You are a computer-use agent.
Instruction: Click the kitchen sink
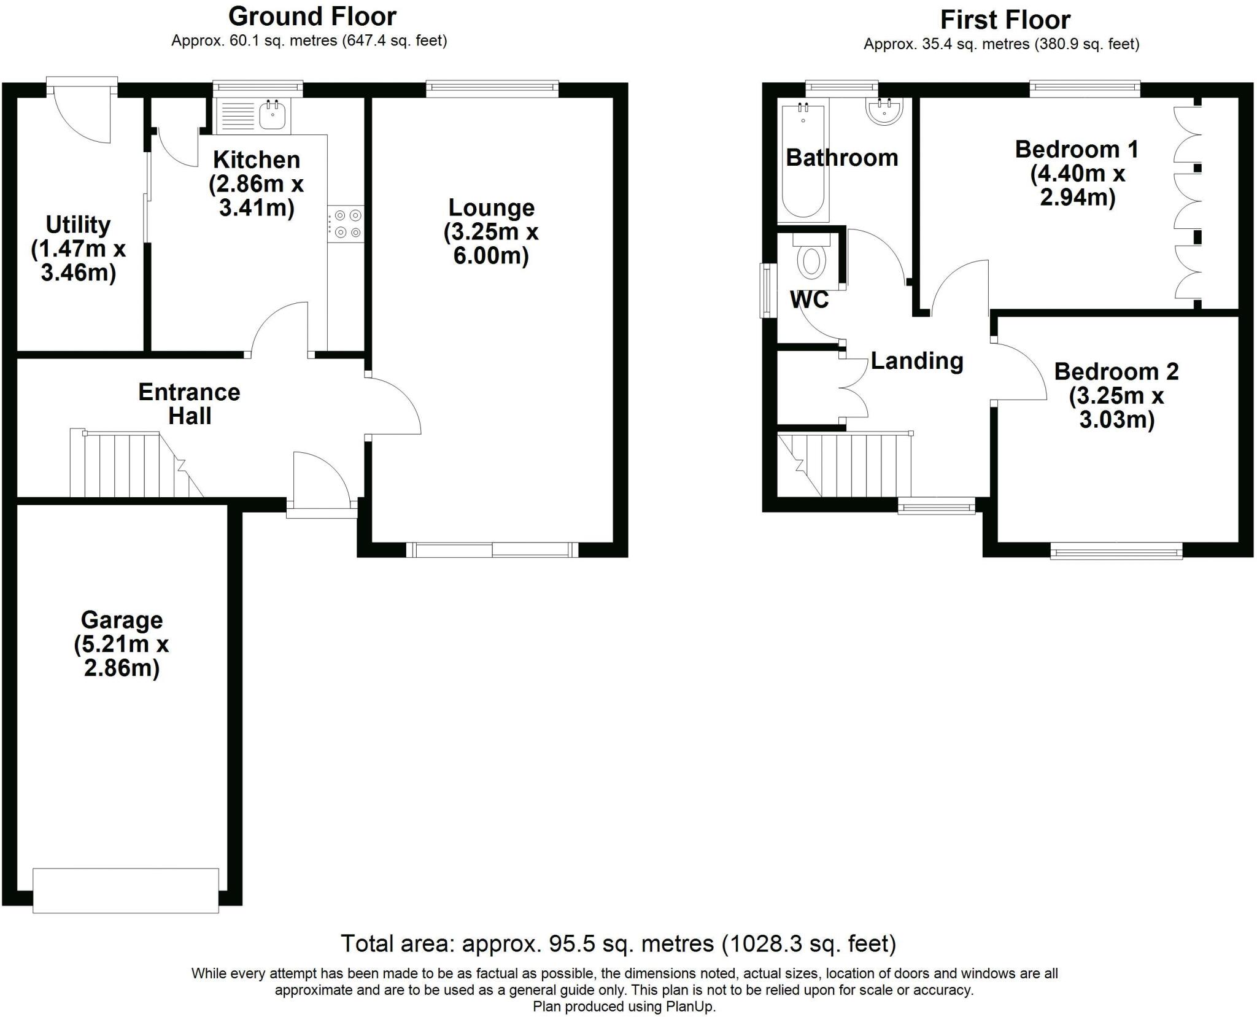(x=272, y=116)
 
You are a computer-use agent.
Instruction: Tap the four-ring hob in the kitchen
(x=346, y=223)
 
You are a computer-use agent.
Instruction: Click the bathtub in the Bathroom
(x=803, y=161)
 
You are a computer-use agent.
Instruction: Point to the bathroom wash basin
(x=884, y=112)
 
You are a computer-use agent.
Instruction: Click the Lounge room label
(x=492, y=207)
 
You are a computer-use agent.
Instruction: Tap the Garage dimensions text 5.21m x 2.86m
(x=122, y=656)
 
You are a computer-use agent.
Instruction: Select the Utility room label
(x=78, y=225)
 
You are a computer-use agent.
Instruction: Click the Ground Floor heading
(x=312, y=17)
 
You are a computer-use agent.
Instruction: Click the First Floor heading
(x=1005, y=20)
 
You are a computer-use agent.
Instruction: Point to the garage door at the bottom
(x=126, y=890)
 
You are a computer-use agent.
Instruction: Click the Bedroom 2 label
(x=1116, y=371)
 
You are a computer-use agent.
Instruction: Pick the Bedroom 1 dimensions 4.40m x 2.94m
(x=1077, y=185)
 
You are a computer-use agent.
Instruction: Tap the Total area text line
(x=618, y=943)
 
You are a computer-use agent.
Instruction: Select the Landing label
(x=916, y=361)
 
